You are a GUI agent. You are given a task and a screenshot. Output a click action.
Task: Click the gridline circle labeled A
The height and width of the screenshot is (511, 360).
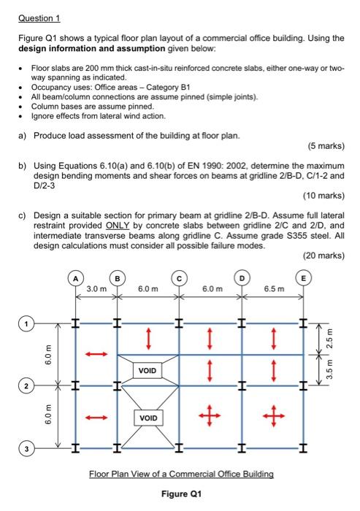click(x=75, y=277)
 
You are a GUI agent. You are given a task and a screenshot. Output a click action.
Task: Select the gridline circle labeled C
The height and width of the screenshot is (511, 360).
click(x=177, y=277)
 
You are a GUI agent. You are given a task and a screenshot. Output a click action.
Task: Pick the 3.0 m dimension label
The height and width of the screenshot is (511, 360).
click(x=96, y=290)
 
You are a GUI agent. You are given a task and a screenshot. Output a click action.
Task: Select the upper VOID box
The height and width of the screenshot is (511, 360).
click(x=147, y=370)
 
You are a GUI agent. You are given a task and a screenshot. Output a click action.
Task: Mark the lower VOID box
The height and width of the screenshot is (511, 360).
click(x=147, y=418)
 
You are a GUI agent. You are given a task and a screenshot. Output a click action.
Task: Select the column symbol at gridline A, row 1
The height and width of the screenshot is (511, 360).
click(x=75, y=322)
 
